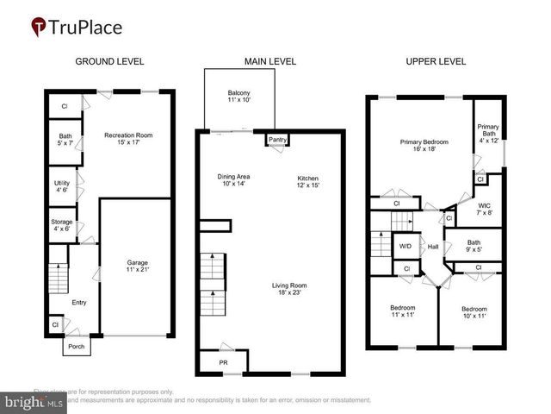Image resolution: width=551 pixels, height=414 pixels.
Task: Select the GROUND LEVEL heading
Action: [109, 61]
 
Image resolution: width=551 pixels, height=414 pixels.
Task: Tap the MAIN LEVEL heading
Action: [271, 61]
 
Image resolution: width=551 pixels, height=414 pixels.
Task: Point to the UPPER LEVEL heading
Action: [436, 61]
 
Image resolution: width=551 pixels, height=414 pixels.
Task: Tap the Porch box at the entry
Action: [74, 347]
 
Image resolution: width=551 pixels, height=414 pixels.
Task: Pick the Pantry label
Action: [277, 139]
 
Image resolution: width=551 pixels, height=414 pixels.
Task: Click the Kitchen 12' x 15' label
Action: [308, 179]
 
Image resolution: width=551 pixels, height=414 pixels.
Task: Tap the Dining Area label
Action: [233, 179]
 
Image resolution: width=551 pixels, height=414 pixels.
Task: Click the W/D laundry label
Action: [405, 246]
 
